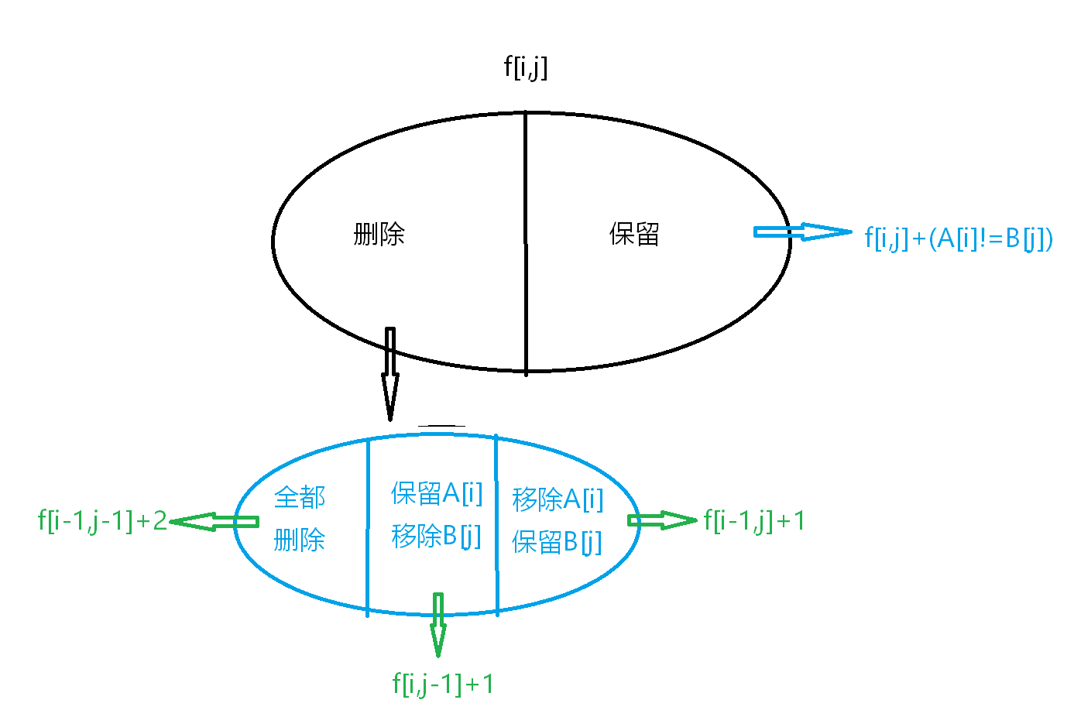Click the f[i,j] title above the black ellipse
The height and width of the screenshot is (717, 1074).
coord(526,67)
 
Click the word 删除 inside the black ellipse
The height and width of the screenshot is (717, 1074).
coord(379,234)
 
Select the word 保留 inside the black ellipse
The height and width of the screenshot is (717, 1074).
coord(634,234)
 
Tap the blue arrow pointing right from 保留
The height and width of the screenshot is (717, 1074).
coord(801,232)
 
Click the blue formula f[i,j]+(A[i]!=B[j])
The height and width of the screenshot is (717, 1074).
coord(959,238)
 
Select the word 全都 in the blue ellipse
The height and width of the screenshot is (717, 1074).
coord(300,497)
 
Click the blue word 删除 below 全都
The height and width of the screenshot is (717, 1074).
coord(300,540)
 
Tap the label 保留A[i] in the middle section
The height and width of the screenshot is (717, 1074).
coord(437,492)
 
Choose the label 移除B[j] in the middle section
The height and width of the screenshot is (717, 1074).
coord(437,536)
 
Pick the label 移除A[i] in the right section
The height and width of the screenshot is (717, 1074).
coord(558,499)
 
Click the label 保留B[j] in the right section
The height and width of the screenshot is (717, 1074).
coord(558,542)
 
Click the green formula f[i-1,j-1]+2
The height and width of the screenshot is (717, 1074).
coord(102,521)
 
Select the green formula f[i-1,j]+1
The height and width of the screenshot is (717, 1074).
coord(754,521)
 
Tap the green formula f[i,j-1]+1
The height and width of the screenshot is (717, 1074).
coord(443,684)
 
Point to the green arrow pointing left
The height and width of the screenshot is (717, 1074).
coord(214,522)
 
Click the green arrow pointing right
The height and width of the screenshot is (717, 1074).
coord(662,520)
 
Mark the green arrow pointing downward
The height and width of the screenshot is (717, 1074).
coord(438,624)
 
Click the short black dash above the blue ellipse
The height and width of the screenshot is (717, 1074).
coord(441,426)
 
